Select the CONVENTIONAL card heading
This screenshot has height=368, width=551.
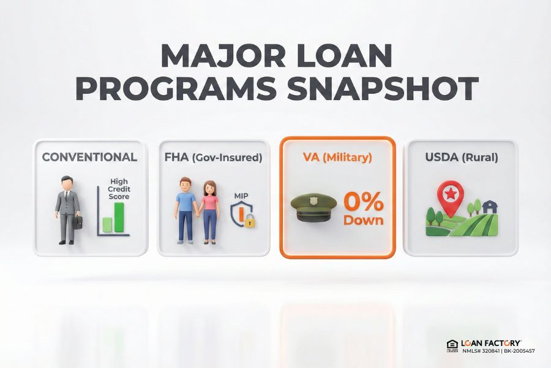[x=89, y=158]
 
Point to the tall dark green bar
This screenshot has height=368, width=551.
[x=119, y=218]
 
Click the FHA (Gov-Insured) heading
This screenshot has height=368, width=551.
[x=213, y=158]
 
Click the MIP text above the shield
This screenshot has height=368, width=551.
[x=241, y=196]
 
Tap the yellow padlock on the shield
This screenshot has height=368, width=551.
[x=250, y=222]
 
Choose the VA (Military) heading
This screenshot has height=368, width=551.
[x=337, y=158]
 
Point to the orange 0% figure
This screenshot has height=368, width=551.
[x=363, y=202]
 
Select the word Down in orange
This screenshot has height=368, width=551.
[x=363, y=220]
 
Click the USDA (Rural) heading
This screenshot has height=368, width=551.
[x=461, y=158]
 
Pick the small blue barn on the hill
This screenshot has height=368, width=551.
[x=490, y=207]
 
